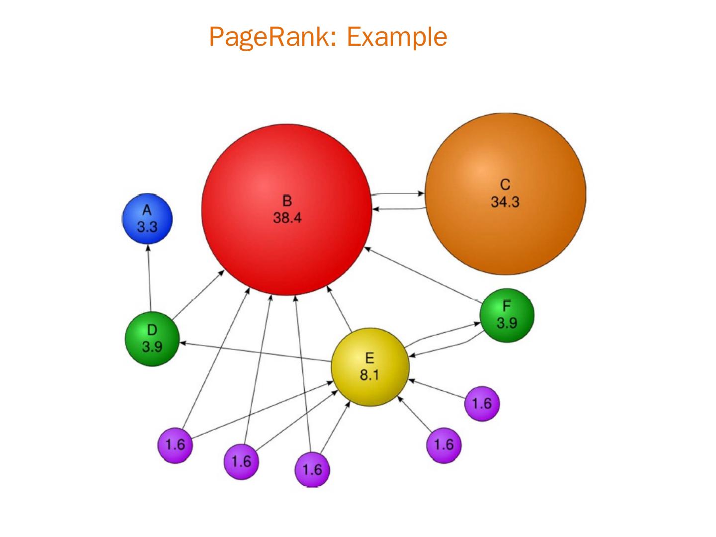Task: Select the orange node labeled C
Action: pos(505,193)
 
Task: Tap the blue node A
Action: pos(147,219)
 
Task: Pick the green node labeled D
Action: pos(152,339)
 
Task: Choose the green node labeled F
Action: pos(507,315)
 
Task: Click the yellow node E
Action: pos(369,366)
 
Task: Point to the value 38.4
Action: pos(287,218)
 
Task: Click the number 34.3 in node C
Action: pos(505,202)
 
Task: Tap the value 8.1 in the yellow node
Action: pos(369,375)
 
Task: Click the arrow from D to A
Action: pos(149,278)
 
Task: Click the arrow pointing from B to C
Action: pos(398,193)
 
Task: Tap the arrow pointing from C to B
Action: pos(398,209)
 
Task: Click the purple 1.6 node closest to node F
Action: pos(481,403)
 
